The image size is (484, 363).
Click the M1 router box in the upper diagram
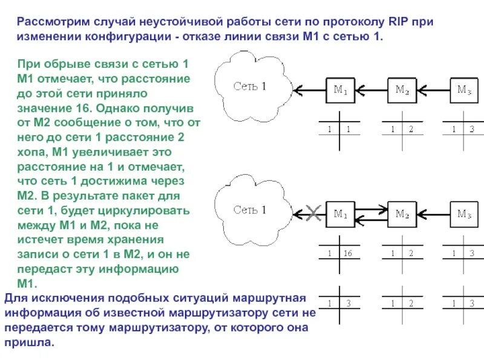pyautogui.click(x=341, y=91)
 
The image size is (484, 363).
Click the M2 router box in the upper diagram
pyautogui.click(x=402, y=91)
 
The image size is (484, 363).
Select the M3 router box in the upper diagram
pyautogui.click(x=463, y=91)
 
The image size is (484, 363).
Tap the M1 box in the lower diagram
pyautogui.click(x=341, y=214)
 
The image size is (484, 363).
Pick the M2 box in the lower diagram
pyautogui.click(x=402, y=214)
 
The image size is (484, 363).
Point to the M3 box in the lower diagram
pyautogui.click(x=463, y=214)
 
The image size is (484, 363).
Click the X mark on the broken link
pyautogui.click(x=313, y=212)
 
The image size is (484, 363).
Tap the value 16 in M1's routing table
pyautogui.click(x=347, y=253)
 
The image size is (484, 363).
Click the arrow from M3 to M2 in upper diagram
pyautogui.click(x=433, y=91)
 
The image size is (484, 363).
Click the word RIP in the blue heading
pyautogui.click(x=394, y=22)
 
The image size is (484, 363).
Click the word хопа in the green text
pyautogui.click(x=30, y=151)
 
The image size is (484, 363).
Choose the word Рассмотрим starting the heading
pyautogui.click(x=52, y=22)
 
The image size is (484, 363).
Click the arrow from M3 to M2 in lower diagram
pyautogui.click(x=433, y=214)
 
